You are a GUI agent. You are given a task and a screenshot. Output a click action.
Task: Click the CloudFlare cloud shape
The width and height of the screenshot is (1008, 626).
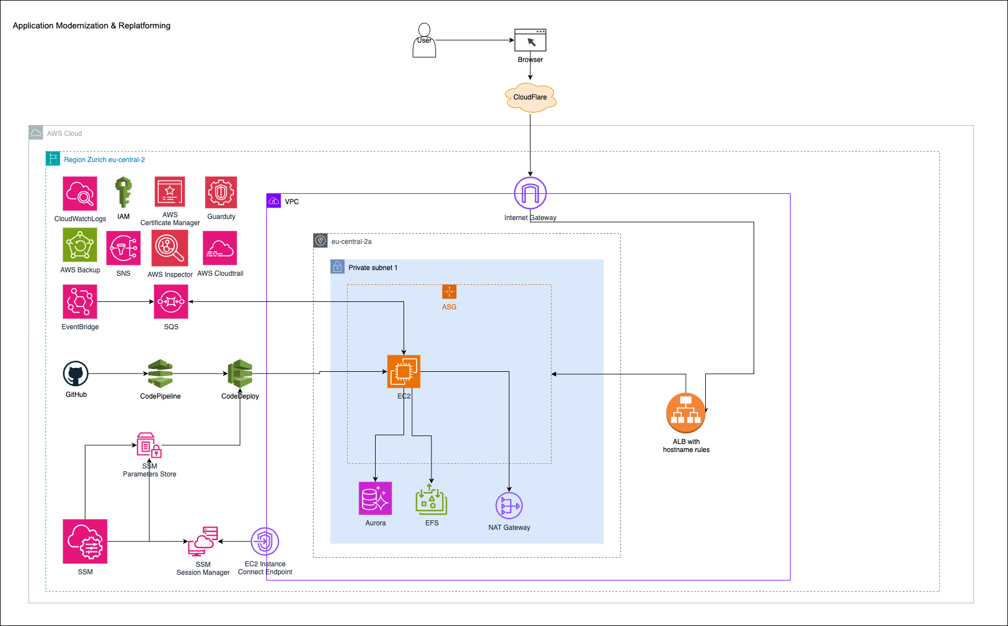coord(530,97)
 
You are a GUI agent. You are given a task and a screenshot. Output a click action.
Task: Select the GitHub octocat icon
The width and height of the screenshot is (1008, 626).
coord(76,374)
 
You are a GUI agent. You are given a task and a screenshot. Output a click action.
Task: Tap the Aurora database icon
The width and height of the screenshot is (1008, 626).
coord(375,499)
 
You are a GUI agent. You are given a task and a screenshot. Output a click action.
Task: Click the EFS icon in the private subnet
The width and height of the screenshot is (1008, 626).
coord(431,499)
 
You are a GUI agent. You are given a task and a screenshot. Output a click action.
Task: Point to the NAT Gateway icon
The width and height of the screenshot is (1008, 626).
coord(509,505)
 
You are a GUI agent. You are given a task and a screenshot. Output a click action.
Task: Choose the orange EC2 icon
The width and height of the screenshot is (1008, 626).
coord(404,372)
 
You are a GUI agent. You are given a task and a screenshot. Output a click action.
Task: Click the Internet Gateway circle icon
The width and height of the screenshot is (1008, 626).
coord(530,193)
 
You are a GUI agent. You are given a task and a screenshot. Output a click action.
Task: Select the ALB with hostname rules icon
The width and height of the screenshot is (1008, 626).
coord(686,413)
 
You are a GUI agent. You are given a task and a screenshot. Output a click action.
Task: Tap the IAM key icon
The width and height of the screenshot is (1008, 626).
coord(124,192)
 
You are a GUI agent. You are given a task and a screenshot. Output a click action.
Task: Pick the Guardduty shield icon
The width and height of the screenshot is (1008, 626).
coord(221,193)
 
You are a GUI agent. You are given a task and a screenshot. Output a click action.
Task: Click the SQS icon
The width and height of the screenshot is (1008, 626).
coord(171,302)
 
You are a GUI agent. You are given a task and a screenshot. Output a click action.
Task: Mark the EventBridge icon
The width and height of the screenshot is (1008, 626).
coord(80,302)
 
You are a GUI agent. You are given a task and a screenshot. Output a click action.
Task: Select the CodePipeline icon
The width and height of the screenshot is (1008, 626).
coord(161,374)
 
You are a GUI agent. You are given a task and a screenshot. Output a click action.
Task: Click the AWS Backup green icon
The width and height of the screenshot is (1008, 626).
coord(80,245)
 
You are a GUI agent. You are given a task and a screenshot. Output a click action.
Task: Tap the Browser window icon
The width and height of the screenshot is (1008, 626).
coord(530,40)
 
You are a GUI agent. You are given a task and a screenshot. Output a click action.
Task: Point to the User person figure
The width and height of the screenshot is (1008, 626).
coord(424,41)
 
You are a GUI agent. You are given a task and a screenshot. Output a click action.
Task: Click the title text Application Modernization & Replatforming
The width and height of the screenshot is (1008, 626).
coord(92,26)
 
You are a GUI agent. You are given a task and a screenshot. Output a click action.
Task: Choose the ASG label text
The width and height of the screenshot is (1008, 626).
coord(449,307)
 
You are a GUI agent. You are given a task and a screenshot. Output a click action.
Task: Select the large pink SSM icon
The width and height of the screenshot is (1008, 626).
coord(85,541)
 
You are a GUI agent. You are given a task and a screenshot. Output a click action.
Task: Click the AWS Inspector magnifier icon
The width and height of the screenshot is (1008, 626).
coord(170,248)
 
